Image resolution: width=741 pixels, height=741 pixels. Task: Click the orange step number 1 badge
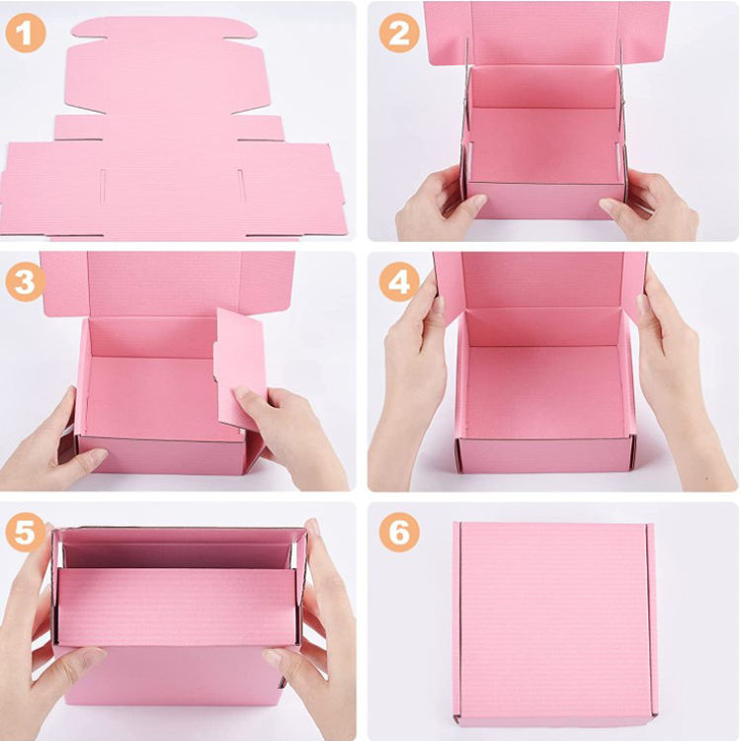click(x=26, y=33)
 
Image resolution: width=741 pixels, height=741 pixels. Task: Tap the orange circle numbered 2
click(x=399, y=33)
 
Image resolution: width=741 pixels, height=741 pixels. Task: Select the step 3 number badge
click(x=26, y=282)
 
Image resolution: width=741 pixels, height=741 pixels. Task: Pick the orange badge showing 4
click(x=399, y=282)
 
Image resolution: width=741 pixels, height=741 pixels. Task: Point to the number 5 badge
click(x=26, y=532)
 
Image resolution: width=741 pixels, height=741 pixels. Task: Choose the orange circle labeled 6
click(x=399, y=532)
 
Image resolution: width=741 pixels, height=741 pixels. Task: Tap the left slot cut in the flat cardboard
click(x=103, y=186)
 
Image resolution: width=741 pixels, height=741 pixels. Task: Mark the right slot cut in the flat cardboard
click(x=241, y=186)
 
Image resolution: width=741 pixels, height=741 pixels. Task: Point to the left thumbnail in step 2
click(x=477, y=202)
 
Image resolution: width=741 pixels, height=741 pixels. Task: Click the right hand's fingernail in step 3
click(x=242, y=392)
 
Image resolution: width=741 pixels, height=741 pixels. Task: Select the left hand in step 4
click(x=408, y=378)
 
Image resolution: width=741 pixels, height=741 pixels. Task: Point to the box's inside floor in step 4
click(x=545, y=391)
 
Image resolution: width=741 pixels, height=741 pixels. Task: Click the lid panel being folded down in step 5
click(x=177, y=608)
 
